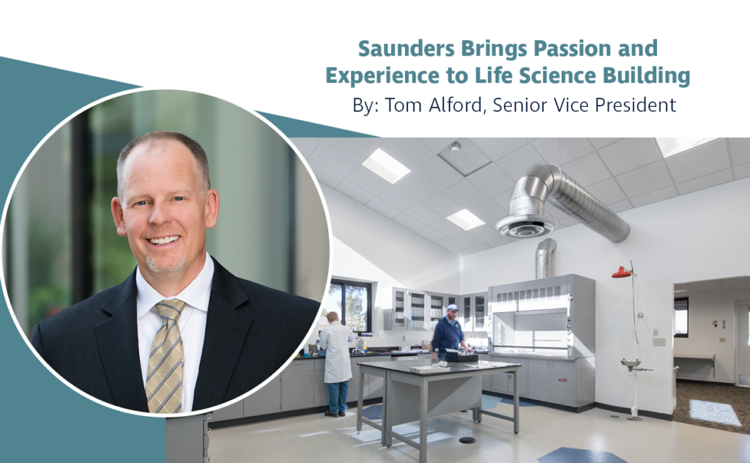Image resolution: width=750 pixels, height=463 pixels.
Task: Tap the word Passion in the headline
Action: point(572,50)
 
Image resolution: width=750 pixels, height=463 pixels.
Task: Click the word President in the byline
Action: point(632,105)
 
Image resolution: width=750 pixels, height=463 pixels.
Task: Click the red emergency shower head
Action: point(622,273)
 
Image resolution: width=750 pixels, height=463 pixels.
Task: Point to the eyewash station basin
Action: point(629,363)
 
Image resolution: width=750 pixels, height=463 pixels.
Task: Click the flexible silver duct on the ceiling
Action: point(579,198)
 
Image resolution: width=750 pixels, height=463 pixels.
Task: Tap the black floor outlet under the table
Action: point(466,440)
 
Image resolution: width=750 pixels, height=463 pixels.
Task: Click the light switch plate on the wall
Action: point(659,341)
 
